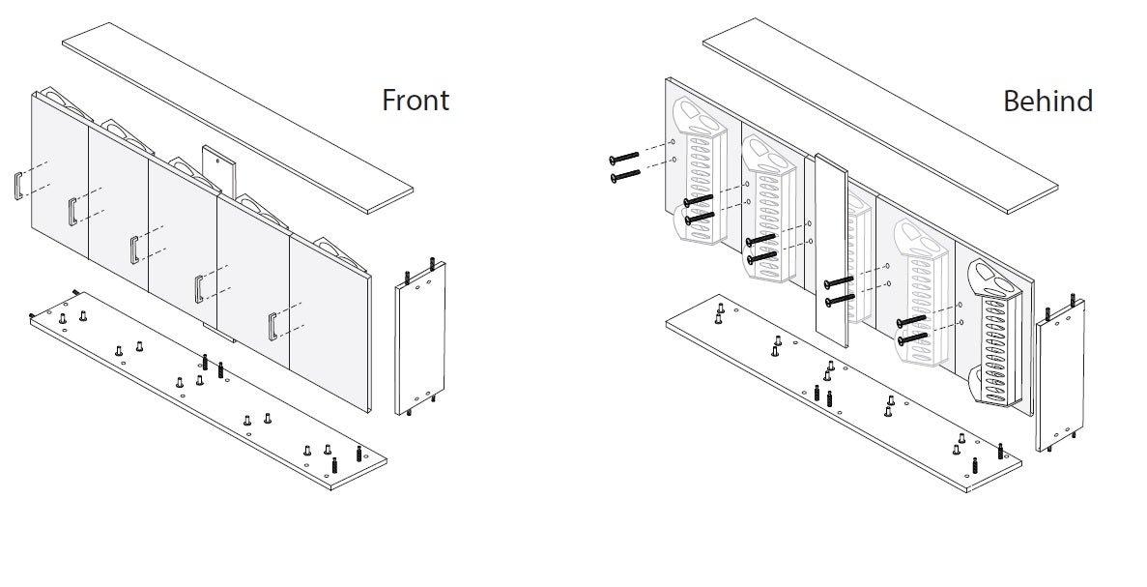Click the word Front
(x=416, y=100)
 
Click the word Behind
(x=1047, y=101)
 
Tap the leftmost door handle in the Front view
(x=17, y=185)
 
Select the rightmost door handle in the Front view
(x=272, y=327)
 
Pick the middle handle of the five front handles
(x=134, y=249)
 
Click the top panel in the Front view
(x=238, y=118)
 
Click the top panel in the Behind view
(x=880, y=117)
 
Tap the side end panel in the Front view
(x=420, y=338)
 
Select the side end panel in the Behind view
(x=1060, y=375)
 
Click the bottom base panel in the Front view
(x=208, y=391)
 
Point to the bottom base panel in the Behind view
(x=844, y=394)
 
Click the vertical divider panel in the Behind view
(x=831, y=251)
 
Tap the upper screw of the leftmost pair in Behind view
(x=624, y=158)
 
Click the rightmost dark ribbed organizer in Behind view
(x=995, y=333)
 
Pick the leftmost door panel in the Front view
(x=60, y=176)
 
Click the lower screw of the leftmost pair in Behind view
(x=624, y=176)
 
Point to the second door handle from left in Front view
(x=72, y=212)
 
